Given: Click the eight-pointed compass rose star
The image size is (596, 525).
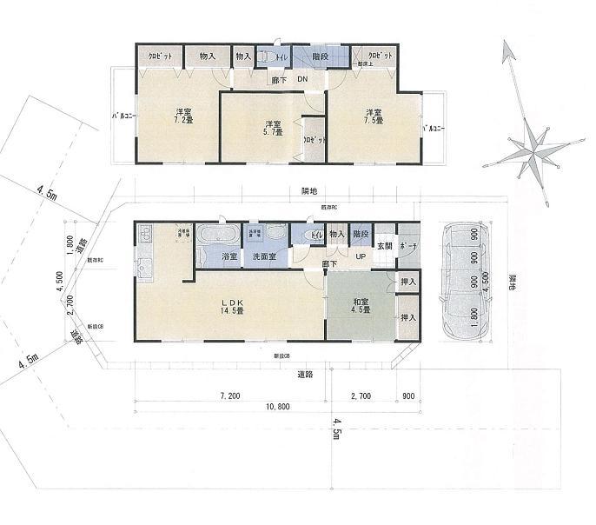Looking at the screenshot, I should coord(528,146).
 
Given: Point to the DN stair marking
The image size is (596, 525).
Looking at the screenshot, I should coord(301,81).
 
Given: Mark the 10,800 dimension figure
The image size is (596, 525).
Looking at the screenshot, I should coord(276,406).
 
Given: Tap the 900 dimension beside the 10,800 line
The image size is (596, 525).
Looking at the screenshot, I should coord(408,395).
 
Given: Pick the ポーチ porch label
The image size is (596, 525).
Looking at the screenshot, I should coord(407,246).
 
